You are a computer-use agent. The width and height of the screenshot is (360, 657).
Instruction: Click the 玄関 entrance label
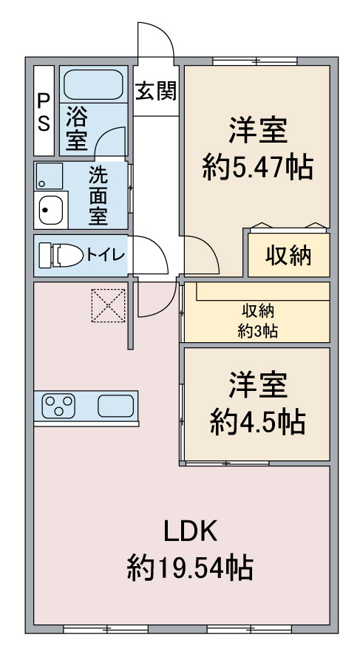(156, 92)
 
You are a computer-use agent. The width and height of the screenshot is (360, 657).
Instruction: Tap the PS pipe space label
(44, 110)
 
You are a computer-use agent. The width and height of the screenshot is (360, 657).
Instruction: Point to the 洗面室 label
(98, 195)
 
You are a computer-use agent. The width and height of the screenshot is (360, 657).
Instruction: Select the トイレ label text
(105, 256)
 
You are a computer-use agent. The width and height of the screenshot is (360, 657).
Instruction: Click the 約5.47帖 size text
(257, 167)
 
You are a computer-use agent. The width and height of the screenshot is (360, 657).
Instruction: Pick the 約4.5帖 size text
(257, 422)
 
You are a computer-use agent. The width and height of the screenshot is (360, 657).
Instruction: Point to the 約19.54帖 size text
(190, 568)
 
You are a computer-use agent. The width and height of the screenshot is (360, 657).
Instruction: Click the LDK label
(190, 531)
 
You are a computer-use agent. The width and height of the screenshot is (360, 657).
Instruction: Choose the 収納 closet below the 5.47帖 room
(288, 256)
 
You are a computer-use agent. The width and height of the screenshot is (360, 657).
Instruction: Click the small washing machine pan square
(50, 177)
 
